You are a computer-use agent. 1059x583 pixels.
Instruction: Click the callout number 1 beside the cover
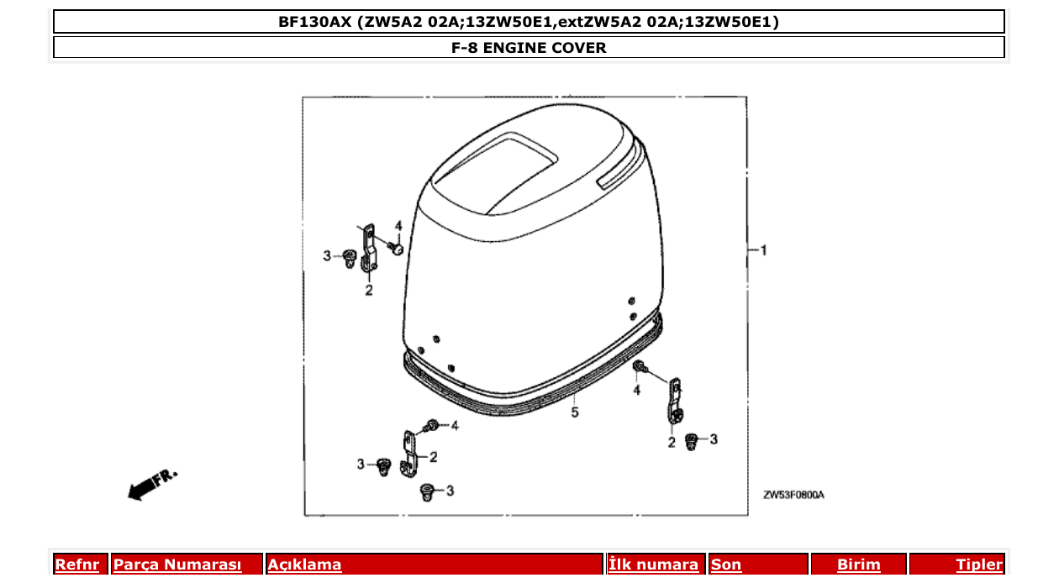tap(763, 249)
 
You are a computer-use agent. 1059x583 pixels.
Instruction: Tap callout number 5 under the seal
tap(575, 412)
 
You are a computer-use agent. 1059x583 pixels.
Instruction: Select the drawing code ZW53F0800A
tap(793, 496)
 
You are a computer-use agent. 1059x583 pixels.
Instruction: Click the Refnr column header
tap(76, 565)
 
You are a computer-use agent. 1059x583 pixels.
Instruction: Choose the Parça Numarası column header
tap(177, 565)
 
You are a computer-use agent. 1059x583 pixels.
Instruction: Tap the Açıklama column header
tap(304, 565)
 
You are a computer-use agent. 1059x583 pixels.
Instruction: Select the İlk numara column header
tap(653, 565)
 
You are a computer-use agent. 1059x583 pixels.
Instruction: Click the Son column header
tap(726, 565)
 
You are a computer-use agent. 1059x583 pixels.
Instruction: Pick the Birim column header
tap(858, 565)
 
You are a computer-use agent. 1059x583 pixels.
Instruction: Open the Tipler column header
tap(979, 565)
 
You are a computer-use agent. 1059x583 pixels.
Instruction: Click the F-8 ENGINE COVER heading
tap(529, 48)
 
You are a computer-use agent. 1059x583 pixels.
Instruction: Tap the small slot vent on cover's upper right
tap(617, 171)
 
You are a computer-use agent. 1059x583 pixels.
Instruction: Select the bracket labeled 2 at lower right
tap(674, 402)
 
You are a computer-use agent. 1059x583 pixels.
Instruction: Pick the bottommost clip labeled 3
tap(426, 491)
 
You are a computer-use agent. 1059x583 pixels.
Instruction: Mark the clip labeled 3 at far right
tap(692, 441)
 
